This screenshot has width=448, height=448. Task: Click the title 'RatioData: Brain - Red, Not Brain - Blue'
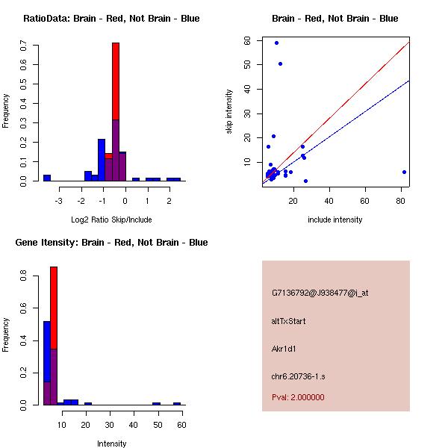111,18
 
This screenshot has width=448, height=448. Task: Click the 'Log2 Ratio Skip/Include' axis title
111,220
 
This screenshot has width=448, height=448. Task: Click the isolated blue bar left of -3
47,178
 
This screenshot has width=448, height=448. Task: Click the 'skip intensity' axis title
229,112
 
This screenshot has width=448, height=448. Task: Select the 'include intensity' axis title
335,220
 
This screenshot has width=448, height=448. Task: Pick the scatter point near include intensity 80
404,172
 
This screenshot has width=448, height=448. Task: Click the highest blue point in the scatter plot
276,43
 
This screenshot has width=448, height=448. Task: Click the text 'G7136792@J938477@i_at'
320,293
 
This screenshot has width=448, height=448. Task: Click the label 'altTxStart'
289,321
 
